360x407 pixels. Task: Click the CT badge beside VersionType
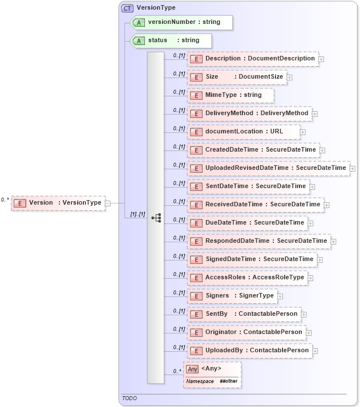coord(127,8)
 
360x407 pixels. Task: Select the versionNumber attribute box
coord(182,22)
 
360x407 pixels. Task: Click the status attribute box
coord(172,40)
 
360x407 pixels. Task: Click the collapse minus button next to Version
coord(108,202)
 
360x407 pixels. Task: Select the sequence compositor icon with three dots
coord(156,218)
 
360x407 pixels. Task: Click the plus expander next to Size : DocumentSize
coord(290,77)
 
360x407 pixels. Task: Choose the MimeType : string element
coord(231,95)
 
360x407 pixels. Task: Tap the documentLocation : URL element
coord(244,132)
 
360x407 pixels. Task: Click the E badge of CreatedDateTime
coord(196,150)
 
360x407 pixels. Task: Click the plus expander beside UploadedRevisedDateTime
coord(353,168)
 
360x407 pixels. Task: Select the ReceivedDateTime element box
coord(255,205)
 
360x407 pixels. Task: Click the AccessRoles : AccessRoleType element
coord(248,278)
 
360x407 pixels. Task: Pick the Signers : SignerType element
coord(232,296)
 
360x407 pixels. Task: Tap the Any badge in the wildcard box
coord(192,369)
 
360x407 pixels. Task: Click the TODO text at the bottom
coord(130,398)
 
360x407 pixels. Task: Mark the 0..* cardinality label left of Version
coord(5,200)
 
